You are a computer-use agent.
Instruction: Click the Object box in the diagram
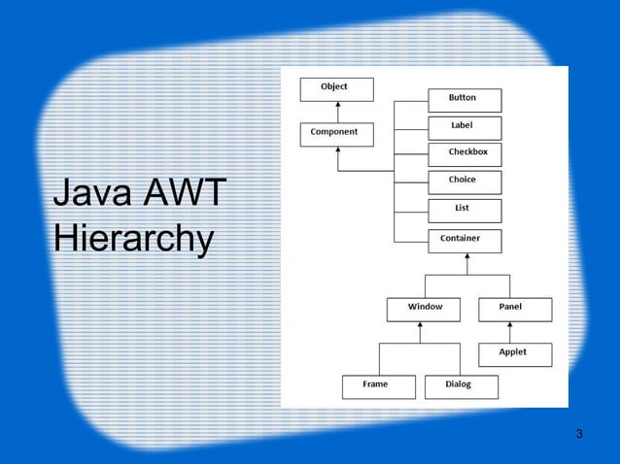334,89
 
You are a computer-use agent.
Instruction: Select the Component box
336,134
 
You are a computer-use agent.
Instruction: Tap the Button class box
465,100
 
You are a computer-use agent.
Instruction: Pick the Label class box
465,127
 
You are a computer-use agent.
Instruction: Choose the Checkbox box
465,154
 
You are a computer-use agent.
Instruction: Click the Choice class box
465,182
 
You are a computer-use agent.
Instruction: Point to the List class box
465,210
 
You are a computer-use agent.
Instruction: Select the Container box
465,240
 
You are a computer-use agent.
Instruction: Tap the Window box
423,309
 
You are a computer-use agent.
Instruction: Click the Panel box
514,309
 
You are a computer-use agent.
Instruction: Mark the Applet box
514,354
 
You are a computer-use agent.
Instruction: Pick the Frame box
378,385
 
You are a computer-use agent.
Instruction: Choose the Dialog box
461,385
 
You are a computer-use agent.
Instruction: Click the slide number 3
579,433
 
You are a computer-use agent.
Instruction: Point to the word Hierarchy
133,240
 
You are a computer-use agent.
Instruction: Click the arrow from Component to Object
336,111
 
